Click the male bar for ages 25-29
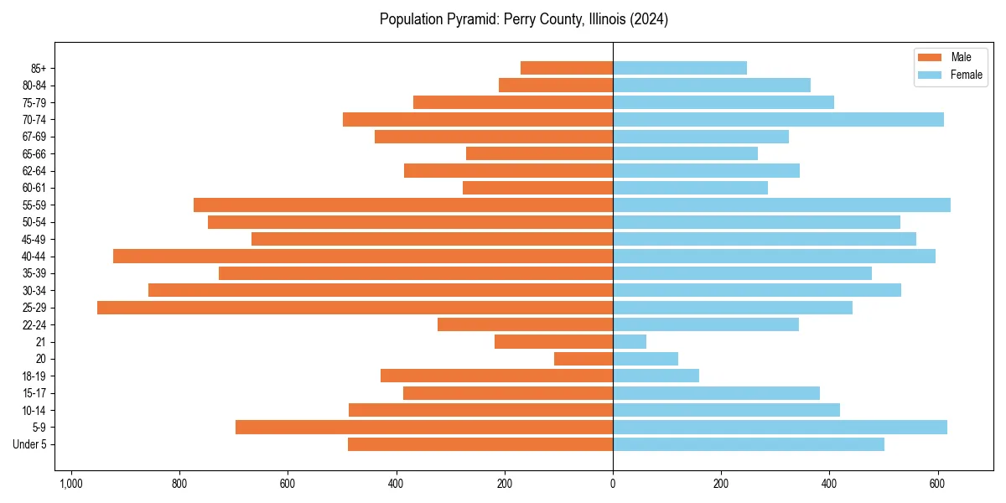(355, 308)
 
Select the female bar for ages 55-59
(781, 205)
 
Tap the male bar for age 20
(583, 359)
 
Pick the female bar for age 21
(630, 342)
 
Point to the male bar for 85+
(567, 68)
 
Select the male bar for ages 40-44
(363, 257)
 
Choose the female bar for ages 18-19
(656, 376)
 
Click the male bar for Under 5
(480, 444)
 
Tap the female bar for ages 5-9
(780, 428)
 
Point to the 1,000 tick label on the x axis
(70, 484)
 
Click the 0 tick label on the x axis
(613, 484)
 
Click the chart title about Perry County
(523, 19)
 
